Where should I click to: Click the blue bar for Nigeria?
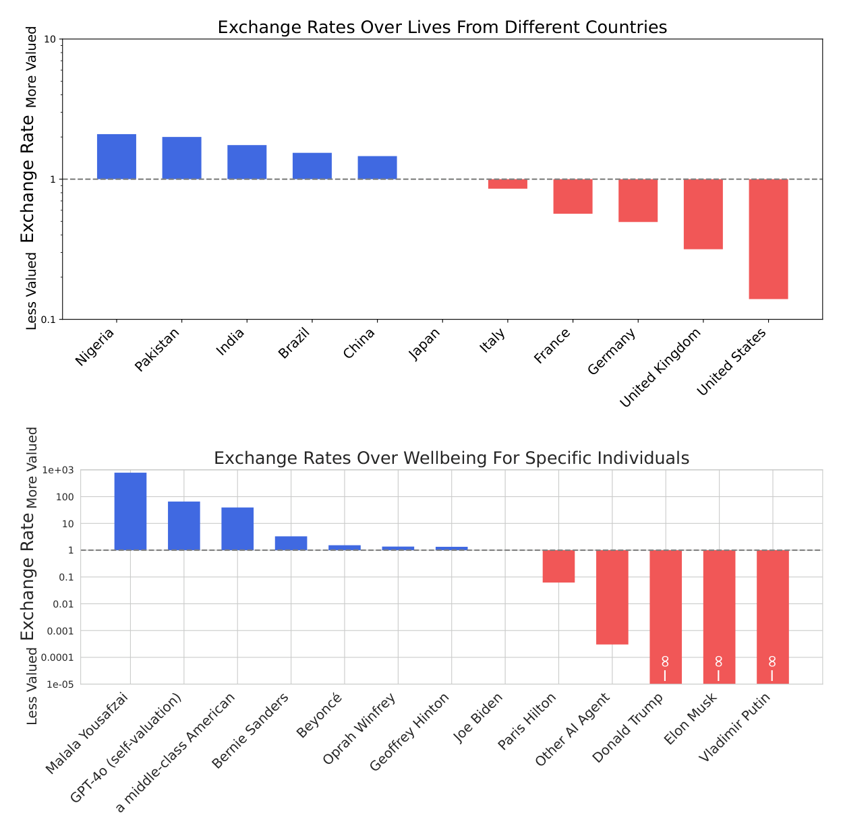click(117, 156)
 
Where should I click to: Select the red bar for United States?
click(768, 239)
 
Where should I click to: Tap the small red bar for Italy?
click(507, 184)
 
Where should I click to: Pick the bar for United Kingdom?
click(703, 214)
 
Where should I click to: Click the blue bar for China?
click(377, 167)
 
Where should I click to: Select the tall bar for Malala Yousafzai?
click(130, 511)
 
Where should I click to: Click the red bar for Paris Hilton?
click(558, 566)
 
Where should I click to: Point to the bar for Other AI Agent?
click(612, 597)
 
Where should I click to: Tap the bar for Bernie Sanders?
click(291, 543)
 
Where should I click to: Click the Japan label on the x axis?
click(424, 345)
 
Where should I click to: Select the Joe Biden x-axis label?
click(478, 718)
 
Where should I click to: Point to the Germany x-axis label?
click(612, 352)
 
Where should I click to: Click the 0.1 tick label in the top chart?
click(49, 320)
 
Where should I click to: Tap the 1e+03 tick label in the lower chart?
click(58, 470)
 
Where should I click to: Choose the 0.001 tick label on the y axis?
click(61, 631)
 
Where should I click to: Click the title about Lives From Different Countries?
click(442, 27)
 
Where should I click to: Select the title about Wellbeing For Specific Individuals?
click(451, 458)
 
